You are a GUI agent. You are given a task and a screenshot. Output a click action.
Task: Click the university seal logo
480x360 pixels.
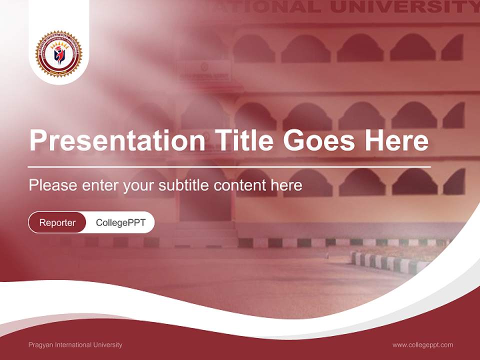click(58, 54)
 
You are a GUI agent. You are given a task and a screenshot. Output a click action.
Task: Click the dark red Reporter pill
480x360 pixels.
click(57, 222)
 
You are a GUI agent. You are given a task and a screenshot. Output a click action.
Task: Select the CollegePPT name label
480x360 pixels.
click(120, 222)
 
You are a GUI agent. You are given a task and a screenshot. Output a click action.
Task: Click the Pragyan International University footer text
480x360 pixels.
click(75, 345)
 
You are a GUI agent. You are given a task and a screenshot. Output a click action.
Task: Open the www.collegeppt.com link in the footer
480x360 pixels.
click(422, 345)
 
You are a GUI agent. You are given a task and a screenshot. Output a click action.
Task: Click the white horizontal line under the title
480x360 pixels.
click(229, 166)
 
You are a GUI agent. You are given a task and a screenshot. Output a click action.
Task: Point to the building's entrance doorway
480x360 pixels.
click(205, 200)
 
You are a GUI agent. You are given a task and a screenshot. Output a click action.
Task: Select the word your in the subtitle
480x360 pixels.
click(139, 186)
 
